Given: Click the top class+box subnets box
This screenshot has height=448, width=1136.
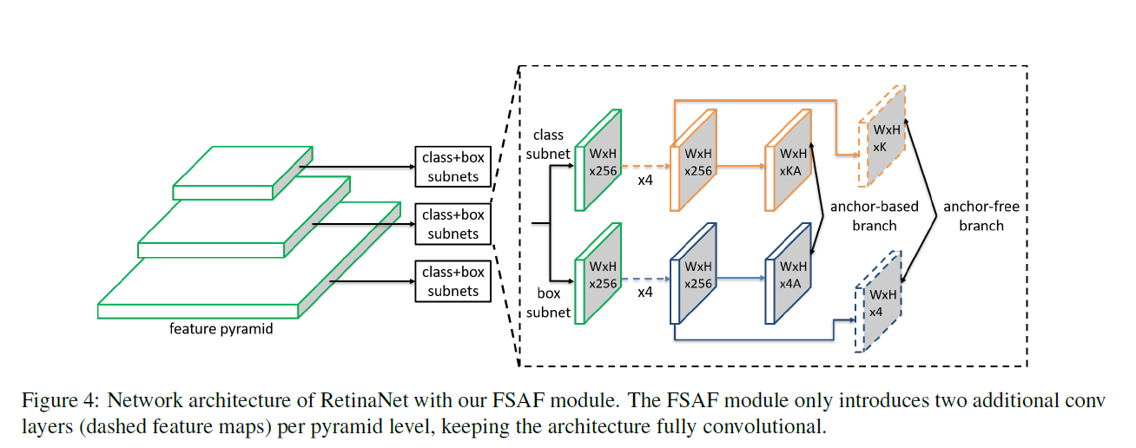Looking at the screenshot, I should (452, 168).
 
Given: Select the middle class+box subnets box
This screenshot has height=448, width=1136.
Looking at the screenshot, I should (452, 224).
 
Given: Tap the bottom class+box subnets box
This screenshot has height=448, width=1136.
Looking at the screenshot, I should (452, 281).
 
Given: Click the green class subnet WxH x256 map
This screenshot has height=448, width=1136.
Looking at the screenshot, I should (599, 161).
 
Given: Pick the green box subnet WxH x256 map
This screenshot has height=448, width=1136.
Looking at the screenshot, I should (599, 275).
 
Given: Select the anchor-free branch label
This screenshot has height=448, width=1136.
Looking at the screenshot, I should (981, 216).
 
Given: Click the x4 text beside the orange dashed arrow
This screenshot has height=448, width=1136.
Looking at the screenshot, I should (645, 179).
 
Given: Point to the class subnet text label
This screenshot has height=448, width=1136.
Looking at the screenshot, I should (548, 144).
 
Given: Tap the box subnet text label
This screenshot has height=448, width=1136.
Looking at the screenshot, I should (548, 303).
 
